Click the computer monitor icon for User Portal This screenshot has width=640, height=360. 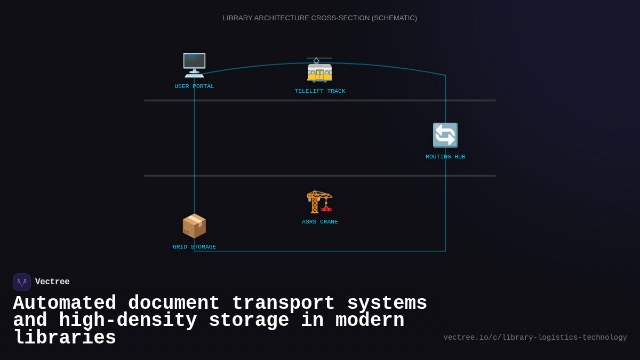click(194, 65)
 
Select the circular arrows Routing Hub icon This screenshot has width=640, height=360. click(445, 135)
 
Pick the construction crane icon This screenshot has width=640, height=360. click(319, 201)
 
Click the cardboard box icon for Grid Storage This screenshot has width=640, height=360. click(194, 226)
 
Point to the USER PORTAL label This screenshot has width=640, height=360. click(194, 86)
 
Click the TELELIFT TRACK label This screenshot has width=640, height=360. click(320, 91)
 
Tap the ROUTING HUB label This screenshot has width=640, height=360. click(445, 157)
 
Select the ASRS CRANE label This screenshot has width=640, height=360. click(320, 222)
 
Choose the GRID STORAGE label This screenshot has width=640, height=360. click(194, 247)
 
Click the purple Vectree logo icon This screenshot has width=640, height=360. click(22, 282)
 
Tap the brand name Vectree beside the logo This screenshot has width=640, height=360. click(52, 282)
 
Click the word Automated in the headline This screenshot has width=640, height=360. click(65, 303)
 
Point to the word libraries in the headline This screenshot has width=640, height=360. click(65, 338)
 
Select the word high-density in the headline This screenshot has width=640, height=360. click(128, 321)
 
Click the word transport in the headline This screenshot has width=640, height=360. click(283, 303)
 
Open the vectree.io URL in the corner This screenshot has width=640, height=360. click(535, 338)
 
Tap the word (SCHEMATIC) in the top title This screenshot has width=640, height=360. click(395, 18)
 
